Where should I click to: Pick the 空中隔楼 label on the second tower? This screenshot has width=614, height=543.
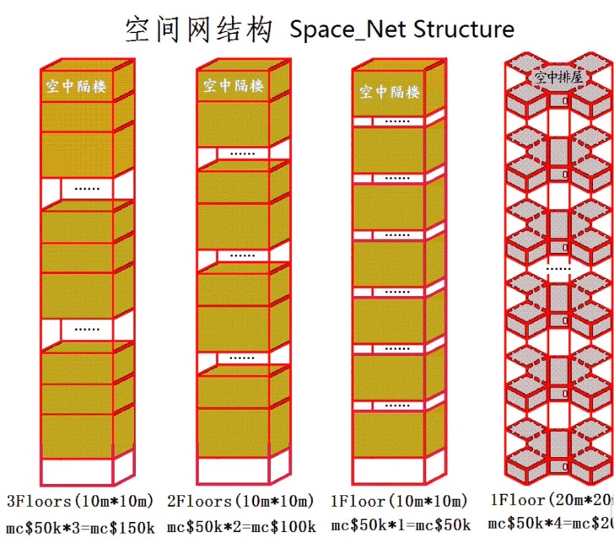[233, 85]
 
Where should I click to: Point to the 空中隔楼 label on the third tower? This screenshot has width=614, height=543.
[389, 92]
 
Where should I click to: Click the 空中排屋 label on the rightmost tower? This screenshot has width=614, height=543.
[559, 78]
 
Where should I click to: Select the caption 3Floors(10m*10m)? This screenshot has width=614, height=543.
[81, 501]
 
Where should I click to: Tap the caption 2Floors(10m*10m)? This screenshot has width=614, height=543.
[240, 502]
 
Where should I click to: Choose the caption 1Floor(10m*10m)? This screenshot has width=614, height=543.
[399, 502]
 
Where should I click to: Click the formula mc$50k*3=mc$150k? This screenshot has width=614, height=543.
[80, 526]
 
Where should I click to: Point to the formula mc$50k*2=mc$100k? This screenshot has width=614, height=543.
[241, 527]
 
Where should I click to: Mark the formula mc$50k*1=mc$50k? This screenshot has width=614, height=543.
[399, 527]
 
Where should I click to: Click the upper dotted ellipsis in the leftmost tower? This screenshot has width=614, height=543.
[86, 188]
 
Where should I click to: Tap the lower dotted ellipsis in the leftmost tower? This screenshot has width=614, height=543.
[86, 329]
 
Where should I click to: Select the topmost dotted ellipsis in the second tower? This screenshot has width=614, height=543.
[243, 153]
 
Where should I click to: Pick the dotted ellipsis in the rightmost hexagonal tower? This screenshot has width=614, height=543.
[557, 267]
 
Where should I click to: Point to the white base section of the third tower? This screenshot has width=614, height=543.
[389, 470]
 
